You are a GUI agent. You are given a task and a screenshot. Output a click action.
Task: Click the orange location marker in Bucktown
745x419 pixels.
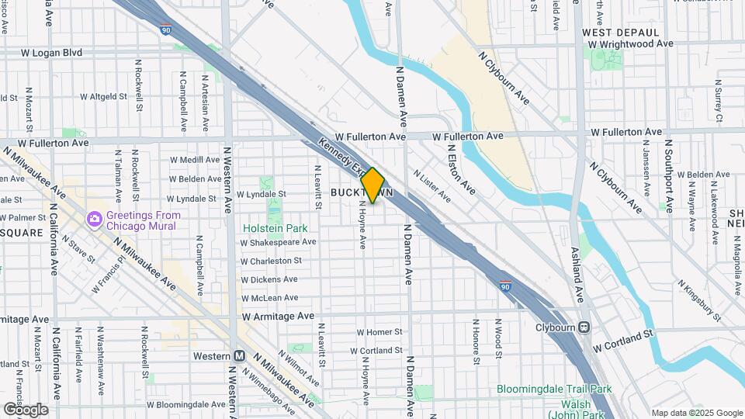click(x=372, y=185)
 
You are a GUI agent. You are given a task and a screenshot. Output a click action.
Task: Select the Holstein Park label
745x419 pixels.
click(x=275, y=228)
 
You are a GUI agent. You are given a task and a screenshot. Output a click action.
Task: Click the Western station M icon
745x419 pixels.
click(x=240, y=356)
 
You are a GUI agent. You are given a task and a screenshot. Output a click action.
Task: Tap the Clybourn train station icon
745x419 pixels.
click(x=583, y=327)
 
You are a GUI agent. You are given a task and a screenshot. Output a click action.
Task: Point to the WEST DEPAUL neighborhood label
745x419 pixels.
click(x=620, y=33)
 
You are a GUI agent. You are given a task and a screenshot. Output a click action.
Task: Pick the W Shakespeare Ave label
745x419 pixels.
click(x=278, y=242)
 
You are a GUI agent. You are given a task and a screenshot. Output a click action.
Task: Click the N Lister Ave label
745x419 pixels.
click(x=431, y=186)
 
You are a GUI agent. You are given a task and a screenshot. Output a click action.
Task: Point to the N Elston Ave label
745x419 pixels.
click(x=461, y=171)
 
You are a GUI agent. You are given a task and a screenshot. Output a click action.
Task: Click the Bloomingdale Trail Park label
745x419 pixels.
click(x=555, y=390)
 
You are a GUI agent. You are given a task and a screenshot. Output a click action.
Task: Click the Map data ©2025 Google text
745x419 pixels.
click(x=696, y=413)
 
